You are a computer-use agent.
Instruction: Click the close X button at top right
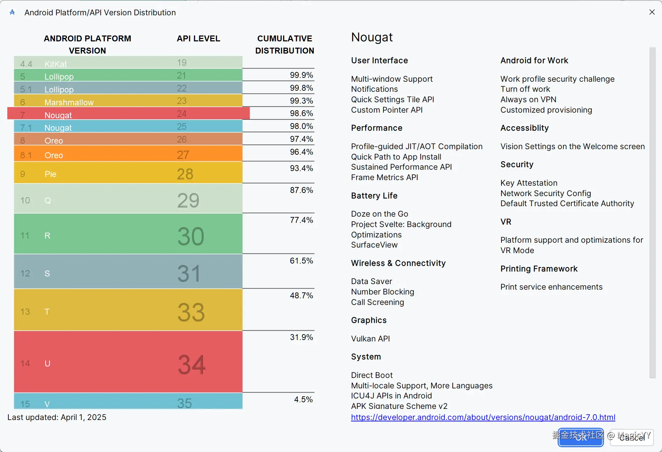(652, 12)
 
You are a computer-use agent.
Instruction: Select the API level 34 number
(192, 364)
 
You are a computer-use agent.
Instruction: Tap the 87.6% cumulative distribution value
(301, 190)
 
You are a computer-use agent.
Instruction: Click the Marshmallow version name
(69, 103)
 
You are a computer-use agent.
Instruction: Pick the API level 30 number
(190, 236)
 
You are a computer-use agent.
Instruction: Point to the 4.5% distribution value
(303, 399)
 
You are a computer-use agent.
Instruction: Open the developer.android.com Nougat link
(483, 417)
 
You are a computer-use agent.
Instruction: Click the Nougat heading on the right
(372, 37)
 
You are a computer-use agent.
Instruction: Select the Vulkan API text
(370, 339)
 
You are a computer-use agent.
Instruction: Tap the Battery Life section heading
(374, 196)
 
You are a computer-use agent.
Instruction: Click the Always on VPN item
(528, 99)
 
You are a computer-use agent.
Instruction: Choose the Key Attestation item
(529, 183)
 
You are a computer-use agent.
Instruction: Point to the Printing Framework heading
(539, 269)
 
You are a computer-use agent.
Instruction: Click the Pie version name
(50, 174)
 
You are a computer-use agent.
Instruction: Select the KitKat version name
(56, 64)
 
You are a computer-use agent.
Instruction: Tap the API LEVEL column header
(198, 39)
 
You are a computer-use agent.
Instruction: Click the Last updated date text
(57, 417)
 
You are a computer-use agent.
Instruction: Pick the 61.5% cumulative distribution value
(301, 261)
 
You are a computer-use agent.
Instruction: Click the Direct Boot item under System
(372, 375)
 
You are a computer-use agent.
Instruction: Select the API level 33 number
(191, 312)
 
